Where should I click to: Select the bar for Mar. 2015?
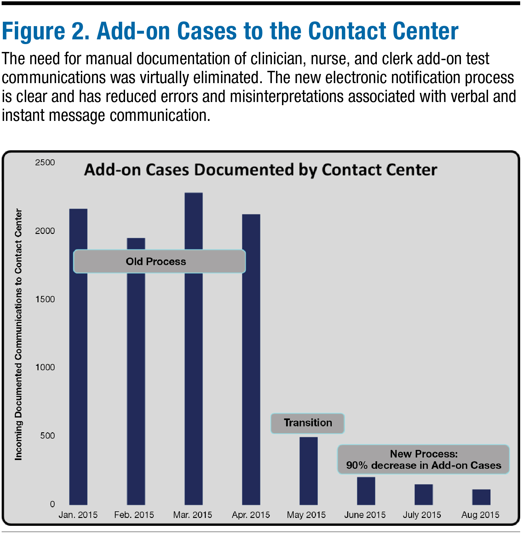point(193,378)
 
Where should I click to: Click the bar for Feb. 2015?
point(136,394)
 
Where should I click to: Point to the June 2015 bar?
point(366,491)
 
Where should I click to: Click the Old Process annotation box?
point(159,261)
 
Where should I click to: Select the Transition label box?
point(307,423)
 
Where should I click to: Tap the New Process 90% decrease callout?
point(423,459)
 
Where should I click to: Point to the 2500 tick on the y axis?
point(45,162)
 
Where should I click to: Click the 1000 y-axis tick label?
point(45,367)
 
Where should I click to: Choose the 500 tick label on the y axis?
point(47,435)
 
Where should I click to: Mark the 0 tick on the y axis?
point(52,504)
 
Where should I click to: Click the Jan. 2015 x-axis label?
point(78,515)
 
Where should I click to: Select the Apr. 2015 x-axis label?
point(251,515)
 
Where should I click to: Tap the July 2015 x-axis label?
point(422,515)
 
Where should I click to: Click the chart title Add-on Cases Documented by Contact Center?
point(261,170)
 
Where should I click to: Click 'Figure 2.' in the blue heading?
point(46,31)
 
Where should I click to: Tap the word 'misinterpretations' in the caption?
point(286,97)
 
